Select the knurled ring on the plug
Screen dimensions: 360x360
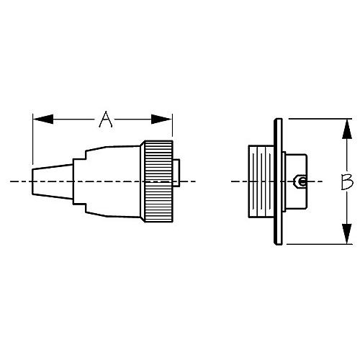point(157,182)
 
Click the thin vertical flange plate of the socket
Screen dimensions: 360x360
point(278,182)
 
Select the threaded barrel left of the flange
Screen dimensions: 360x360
point(260,182)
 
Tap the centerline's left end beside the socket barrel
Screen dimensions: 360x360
point(234,182)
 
